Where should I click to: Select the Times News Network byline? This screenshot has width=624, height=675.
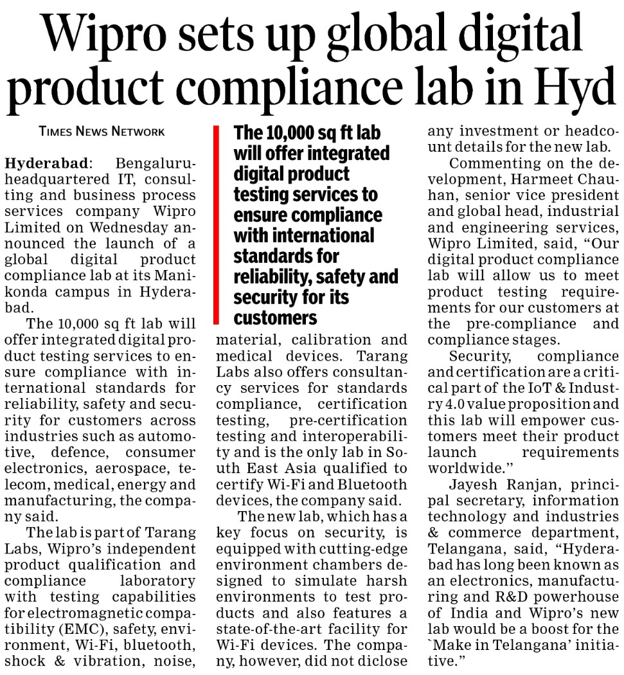tap(102, 131)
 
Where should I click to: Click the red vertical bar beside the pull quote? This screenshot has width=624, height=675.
tap(217, 225)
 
